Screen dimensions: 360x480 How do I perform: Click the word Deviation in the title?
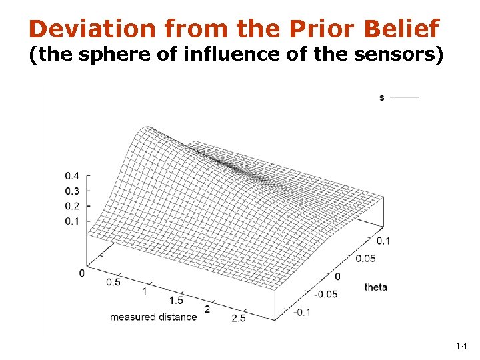(x=92, y=29)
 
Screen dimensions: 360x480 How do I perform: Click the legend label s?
(x=381, y=97)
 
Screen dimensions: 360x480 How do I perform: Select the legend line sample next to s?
(x=405, y=97)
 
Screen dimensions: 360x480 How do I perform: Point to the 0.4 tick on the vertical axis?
(x=72, y=176)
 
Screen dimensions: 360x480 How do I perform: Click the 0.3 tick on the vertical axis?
(x=72, y=191)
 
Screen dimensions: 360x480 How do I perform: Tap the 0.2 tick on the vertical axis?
(x=72, y=206)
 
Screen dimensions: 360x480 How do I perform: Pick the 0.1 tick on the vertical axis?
(x=72, y=221)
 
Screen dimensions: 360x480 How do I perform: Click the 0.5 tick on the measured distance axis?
(x=113, y=282)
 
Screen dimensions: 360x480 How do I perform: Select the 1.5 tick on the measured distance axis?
(x=176, y=301)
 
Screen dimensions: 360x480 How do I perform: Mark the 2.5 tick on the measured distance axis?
(x=238, y=319)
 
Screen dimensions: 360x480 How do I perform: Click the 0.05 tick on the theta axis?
(x=366, y=258)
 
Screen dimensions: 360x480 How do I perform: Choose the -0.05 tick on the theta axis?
(x=326, y=294)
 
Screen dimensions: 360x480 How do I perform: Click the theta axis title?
(x=375, y=287)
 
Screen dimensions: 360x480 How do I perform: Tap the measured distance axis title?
(x=153, y=317)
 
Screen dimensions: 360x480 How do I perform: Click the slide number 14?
(x=461, y=346)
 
